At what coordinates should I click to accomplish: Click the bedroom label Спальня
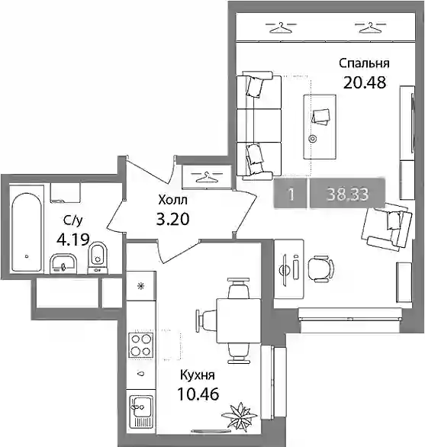point(364,63)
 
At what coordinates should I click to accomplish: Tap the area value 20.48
point(365,82)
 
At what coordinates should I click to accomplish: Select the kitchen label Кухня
point(197,375)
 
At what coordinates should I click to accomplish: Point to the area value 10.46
point(198,394)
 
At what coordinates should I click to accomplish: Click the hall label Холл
point(173,200)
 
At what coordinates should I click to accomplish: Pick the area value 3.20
point(173,220)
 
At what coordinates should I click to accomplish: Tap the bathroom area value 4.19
point(73,240)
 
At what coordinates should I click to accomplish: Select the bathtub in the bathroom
point(26,233)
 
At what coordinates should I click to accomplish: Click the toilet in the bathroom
point(98,257)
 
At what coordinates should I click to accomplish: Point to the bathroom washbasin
point(63,264)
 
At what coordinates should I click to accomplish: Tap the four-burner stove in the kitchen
point(140,345)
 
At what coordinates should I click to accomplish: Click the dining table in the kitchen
point(239,321)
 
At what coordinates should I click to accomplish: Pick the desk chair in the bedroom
point(320,269)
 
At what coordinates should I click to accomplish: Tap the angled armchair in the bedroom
point(387,227)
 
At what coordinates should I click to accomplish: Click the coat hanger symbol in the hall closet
point(206,177)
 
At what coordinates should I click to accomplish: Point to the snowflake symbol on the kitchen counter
point(140,286)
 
